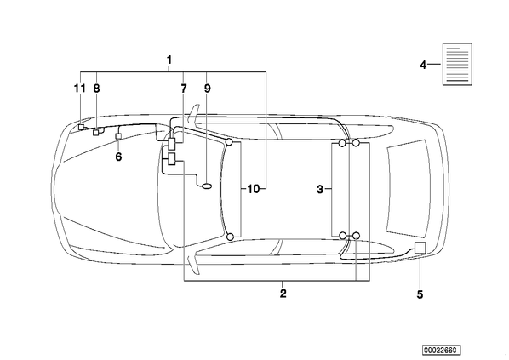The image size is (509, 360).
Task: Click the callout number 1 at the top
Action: (169, 60)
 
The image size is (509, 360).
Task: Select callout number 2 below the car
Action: (283, 294)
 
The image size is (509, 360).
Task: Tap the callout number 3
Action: (320, 189)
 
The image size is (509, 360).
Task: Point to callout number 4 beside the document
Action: (423, 65)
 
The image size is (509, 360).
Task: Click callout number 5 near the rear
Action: (420, 294)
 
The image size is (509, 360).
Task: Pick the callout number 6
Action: (118, 157)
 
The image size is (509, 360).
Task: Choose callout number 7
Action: (184, 89)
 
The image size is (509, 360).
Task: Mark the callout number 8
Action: (96, 89)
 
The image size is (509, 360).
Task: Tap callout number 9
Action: (208, 89)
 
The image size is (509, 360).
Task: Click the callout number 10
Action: (254, 189)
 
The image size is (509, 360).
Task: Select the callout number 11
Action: (79, 89)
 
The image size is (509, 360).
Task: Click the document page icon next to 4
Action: (457, 65)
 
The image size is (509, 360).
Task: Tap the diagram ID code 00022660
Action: (442, 351)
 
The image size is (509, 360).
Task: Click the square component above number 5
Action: (420, 248)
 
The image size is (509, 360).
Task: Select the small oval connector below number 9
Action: (207, 186)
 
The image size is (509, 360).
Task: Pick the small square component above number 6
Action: (118, 136)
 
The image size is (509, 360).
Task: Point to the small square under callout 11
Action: (81, 127)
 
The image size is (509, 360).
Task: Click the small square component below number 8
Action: (96, 133)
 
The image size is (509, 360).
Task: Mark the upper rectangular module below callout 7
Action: (172, 144)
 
